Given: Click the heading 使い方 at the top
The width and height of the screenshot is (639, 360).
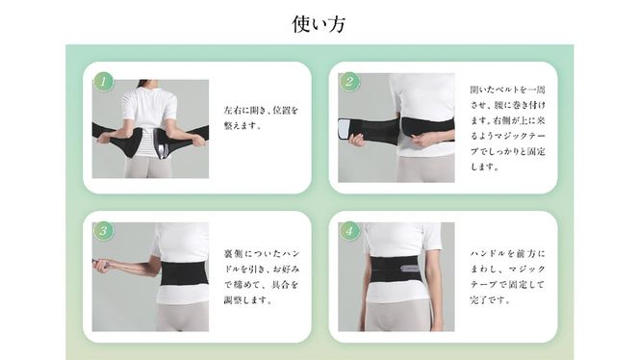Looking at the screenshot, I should [x=319, y=24].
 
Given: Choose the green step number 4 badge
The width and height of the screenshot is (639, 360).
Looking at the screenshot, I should [x=348, y=231].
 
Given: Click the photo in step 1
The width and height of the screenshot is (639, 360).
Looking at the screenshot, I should [x=150, y=128].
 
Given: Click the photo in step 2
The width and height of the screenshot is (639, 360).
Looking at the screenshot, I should [x=396, y=127].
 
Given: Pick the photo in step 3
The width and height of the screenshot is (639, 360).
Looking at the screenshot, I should [x=150, y=276].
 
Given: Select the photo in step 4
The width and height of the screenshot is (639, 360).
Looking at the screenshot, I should [x=396, y=276].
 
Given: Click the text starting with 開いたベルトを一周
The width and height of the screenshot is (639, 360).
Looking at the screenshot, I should [x=504, y=127].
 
